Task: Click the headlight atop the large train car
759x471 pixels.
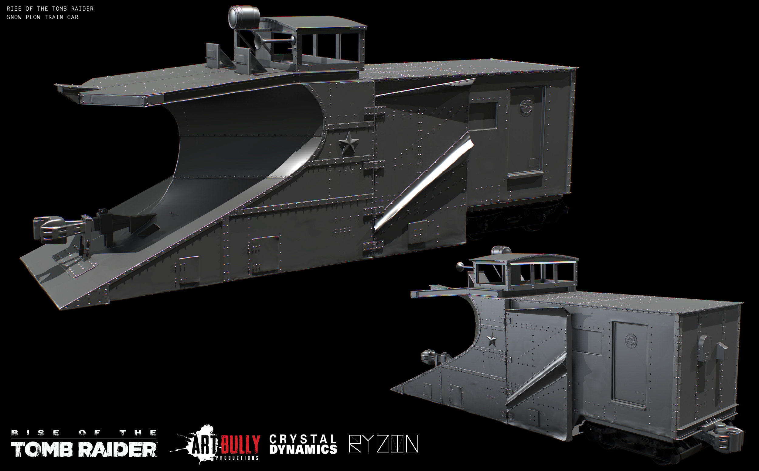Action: point(244,17)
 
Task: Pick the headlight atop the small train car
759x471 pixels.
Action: point(501,250)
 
